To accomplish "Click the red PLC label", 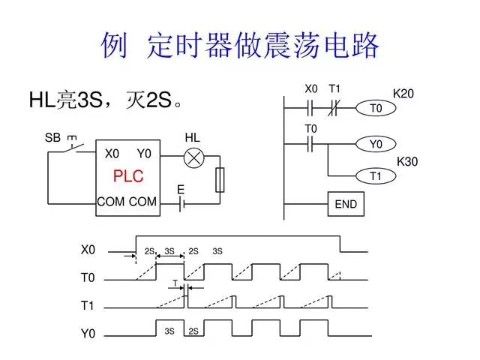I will coord(127,177).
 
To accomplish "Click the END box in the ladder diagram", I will coord(345,204).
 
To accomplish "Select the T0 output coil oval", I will coord(376,109).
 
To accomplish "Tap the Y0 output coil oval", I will coord(376,143).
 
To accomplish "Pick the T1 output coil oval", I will coord(376,176).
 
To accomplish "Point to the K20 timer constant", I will coord(403,94).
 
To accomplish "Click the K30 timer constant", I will coord(407,161).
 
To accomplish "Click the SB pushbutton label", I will coord(52,138).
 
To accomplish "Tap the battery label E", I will coord(181,190).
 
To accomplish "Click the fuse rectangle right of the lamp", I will coord(220,180).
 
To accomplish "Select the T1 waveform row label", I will coord(88,306).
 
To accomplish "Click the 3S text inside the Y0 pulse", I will coord(169,331).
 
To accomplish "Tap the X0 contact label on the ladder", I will coord(311,89).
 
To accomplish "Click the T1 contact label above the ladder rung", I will coord(334,89).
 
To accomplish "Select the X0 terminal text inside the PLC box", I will coord(112,154).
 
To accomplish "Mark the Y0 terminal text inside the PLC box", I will coord(144,154).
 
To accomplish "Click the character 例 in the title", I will coord(115,46).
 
